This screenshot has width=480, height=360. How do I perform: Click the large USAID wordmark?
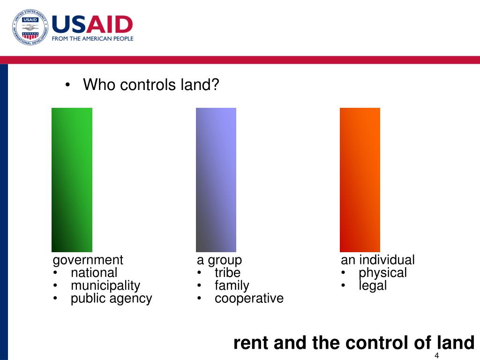tap(92, 24)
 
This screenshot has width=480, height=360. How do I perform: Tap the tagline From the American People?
tap(92, 39)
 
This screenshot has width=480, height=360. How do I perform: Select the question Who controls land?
tap(151, 85)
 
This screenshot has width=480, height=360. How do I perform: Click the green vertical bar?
tap(72, 180)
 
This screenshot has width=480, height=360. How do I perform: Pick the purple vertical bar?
tap(216, 180)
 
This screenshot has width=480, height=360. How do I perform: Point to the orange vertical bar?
tap(360, 180)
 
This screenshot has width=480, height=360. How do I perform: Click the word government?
tap(88, 260)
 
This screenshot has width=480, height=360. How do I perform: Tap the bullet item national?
tap(94, 273)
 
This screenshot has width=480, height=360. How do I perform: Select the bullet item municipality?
tap(105, 285)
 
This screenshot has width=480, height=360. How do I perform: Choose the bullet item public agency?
tap(111, 299)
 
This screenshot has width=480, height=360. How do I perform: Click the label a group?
tap(219, 260)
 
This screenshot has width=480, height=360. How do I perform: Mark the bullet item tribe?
tap(227, 273)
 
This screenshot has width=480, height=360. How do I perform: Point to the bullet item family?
tap(232, 285)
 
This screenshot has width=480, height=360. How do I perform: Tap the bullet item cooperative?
tap(249, 299)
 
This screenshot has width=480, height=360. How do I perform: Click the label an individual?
tap(377, 260)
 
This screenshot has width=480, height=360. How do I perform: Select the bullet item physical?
tap(382, 273)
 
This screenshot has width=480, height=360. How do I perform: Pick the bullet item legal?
tap(373, 285)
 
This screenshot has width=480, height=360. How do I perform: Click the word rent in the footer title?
tap(251, 343)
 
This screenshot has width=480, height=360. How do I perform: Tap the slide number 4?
tap(436, 355)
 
